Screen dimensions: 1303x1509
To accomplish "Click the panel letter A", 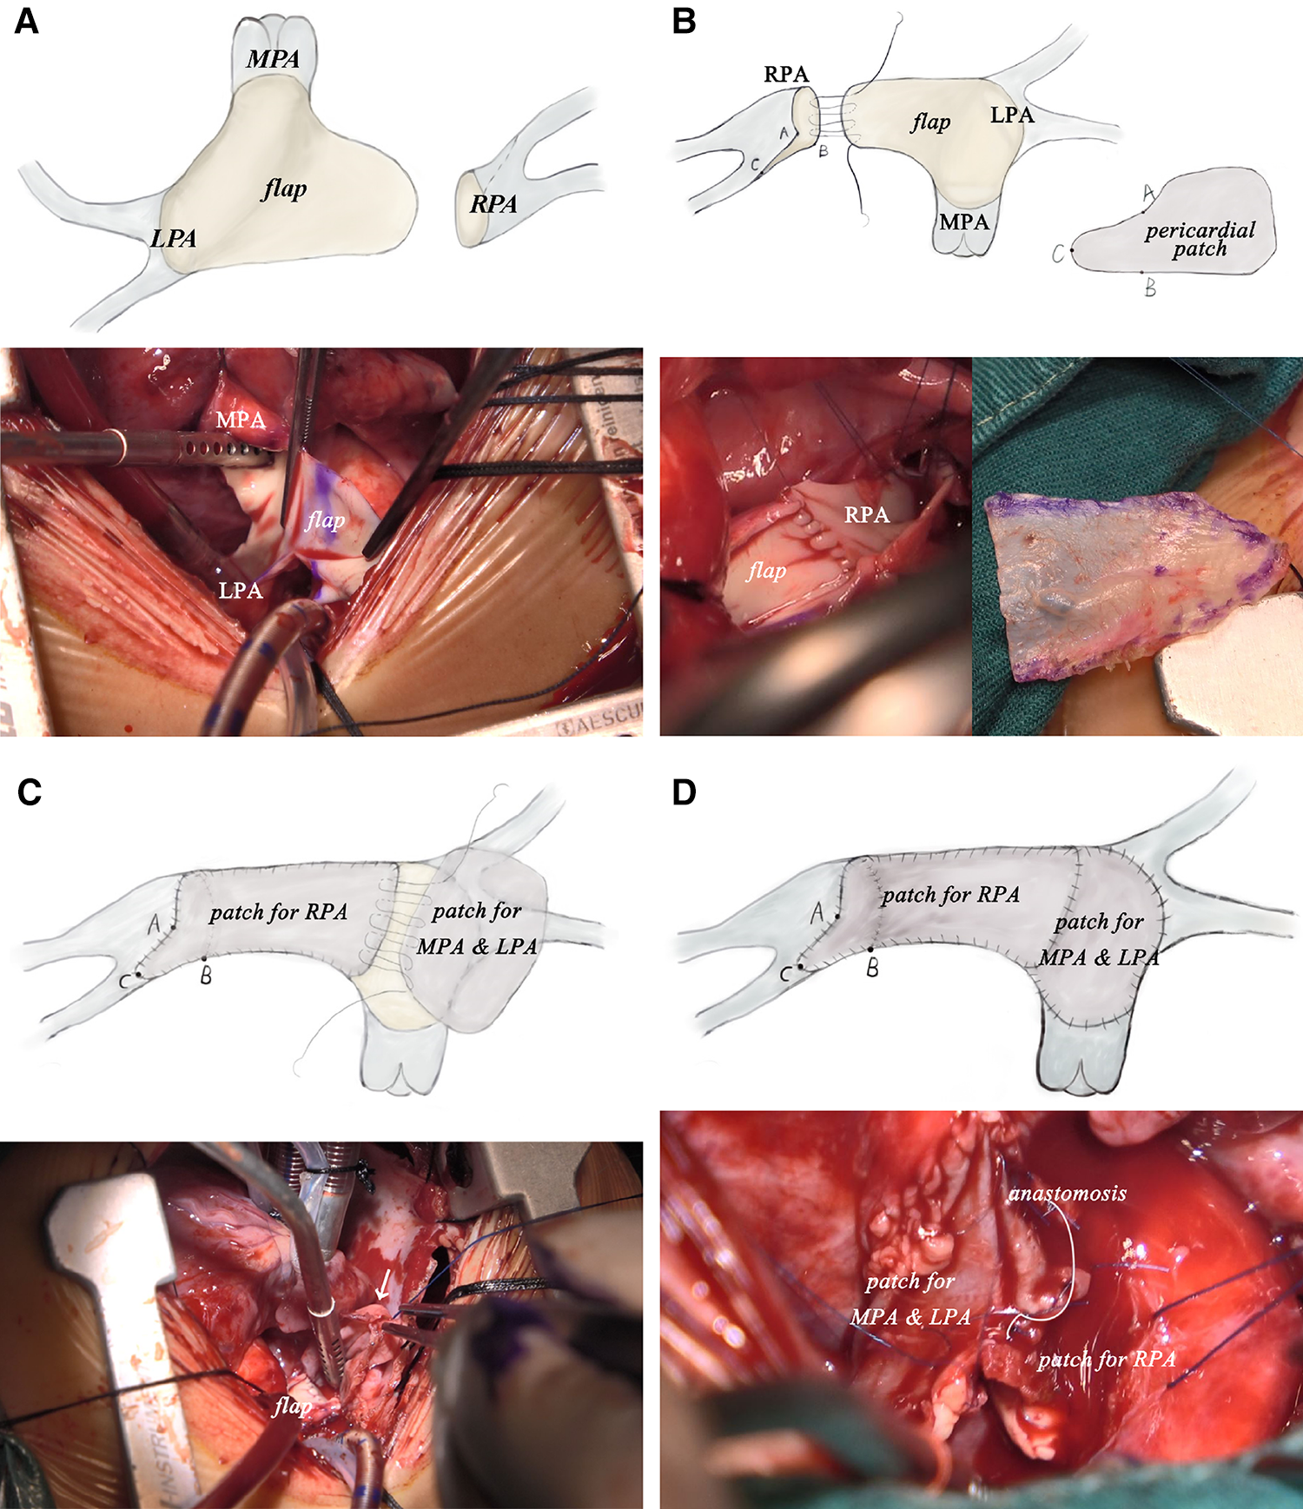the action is click(27, 21).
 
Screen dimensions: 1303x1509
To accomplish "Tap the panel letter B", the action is click(685, 21).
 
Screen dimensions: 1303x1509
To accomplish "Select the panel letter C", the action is click(29, 791).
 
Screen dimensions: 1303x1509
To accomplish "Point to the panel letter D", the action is click(685, 791).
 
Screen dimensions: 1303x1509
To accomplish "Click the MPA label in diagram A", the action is click(273, 59).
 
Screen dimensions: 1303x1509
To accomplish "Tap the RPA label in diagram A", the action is click(493, 204).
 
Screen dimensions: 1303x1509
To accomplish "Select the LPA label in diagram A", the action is click(173, 238).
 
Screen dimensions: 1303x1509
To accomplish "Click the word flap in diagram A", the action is click(284, 189).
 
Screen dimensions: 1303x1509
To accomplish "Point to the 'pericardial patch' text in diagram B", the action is click(1200, 239).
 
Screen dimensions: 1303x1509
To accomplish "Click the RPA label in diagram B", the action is click(786, 75).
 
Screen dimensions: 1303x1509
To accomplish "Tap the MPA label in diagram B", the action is click(964, 222).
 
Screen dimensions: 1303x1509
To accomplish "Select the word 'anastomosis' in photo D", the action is click(1067, 1193).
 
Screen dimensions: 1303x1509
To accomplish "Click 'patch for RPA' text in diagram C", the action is click(278, 912).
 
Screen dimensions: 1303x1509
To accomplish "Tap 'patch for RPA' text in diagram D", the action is click(950, 895).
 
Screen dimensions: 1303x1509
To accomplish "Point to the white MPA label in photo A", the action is click(241, 420).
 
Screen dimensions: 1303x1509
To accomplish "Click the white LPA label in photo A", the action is click(240, 591).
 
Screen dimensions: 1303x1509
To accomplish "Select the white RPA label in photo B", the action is click(867, 515).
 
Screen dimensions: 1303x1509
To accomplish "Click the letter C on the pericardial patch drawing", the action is click(1058, 254).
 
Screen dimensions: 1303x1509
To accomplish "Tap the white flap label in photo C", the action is click(292, 1405).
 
